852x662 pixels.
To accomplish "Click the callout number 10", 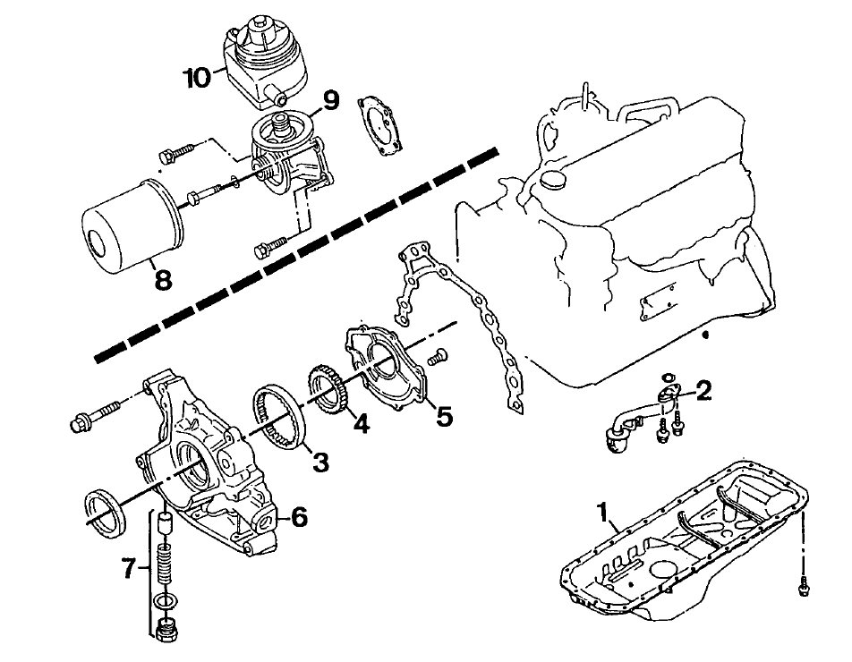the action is point(198,78).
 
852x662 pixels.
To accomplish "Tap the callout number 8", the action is point(163,280).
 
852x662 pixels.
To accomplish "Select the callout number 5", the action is point(444,416).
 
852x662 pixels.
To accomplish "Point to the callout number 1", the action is point(601,512).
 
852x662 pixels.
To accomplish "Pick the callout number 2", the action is point(703,390).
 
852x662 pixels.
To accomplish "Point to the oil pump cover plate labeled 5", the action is point(385,369).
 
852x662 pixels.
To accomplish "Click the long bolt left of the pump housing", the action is point(96,415).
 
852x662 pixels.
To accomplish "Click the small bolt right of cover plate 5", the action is point(437,356).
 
